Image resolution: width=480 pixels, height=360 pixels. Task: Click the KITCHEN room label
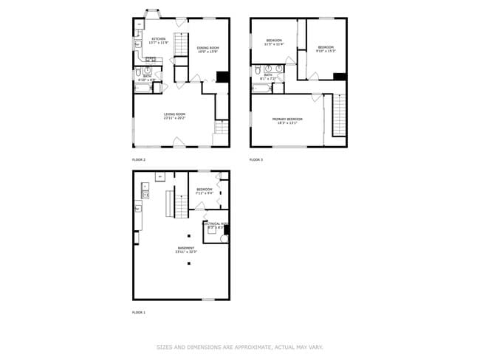[x=159, y=38]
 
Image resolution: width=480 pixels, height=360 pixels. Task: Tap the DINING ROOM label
[x=208, y=48]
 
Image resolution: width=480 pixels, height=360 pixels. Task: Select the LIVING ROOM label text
[x=174, y=114]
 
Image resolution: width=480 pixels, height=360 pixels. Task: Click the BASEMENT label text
[x=186, y=248]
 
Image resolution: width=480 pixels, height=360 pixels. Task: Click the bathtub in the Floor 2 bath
[x=143, y=88]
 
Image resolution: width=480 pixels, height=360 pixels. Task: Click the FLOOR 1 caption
[x=139, y=313]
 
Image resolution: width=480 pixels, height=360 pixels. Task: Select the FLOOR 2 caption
[x=139, y=159]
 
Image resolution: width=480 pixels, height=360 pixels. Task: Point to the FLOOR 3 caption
[x=256, y=159]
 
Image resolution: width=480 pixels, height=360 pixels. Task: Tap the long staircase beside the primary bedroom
[x=339, y=114]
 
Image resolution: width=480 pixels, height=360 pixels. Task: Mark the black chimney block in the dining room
[x=222, y=77]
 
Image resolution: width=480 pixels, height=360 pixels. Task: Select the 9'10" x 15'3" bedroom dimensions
[x=326, y=51]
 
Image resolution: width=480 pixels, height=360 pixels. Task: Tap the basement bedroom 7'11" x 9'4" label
[x=205, y=193]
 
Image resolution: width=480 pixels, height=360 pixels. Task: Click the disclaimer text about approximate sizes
[x=240, y=347]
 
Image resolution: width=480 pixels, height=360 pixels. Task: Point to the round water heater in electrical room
[x=223, y=238]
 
